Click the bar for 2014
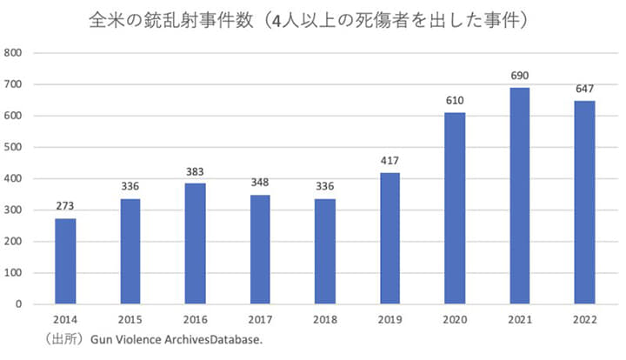click(x=65, y=261)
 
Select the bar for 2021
click(x=520, y=196)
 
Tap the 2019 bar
click(x=390, y=238)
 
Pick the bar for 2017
click(x=260, y=250)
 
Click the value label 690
click(x=520, y=76)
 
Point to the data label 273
click(x=65, y=207)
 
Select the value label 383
click(x=195, y=172)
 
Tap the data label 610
click(x=455, y=101)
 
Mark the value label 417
click(x=390, y=162)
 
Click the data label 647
click(x=584, y=90)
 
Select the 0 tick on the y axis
click(x=19, y=304)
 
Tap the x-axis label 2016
click(x=195, y=320)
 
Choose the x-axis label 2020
click(x=455, y=320)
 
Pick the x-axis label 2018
click(x=325, y=320)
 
